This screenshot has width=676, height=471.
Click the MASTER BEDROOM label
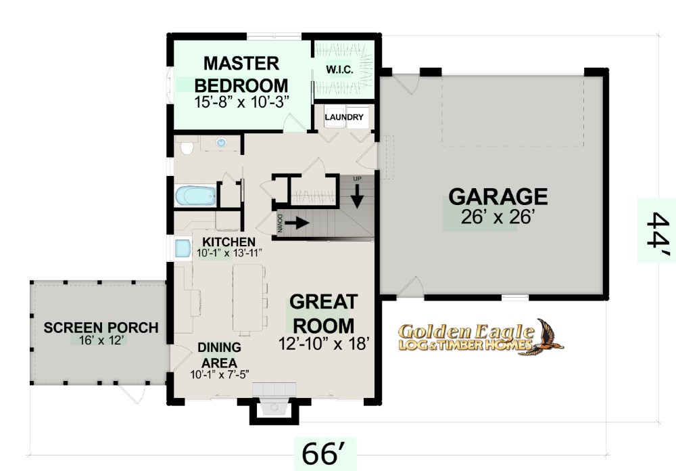pos(241,74)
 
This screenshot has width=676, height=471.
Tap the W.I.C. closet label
pos(340,70)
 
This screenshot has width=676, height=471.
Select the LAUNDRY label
pos(344,117)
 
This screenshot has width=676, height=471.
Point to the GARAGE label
pos(498,196)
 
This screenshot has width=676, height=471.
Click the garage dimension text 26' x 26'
pos(498,217)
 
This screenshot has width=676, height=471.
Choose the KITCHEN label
pos(229,242)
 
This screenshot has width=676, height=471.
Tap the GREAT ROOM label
pos(324,313)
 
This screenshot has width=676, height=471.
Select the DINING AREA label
pos(220,355)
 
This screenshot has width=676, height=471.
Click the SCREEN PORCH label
pos(101,328)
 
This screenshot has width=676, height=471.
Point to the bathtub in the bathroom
pos(195,196)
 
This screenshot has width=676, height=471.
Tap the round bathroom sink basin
pos(221,143)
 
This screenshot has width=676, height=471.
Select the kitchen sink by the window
pos(183,248)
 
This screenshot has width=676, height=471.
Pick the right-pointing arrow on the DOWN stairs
pos(297,223)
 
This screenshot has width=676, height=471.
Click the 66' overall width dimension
pos(324,453)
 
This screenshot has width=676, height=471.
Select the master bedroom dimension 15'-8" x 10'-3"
pos(241,102)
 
